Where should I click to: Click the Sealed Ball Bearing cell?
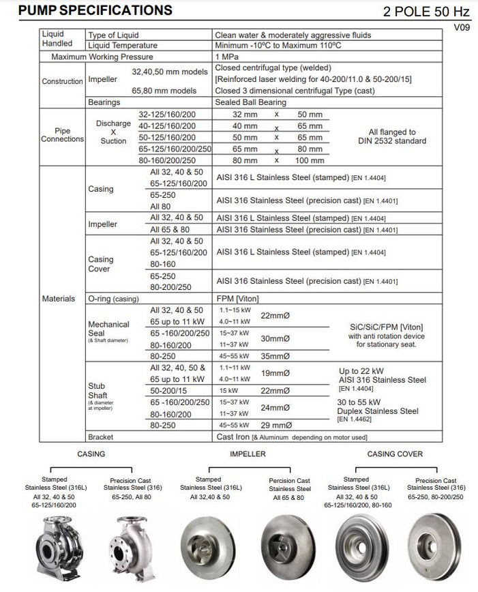coord(250,102)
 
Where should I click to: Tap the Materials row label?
coord(59,298)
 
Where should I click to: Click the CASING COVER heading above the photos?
coord(395,454)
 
